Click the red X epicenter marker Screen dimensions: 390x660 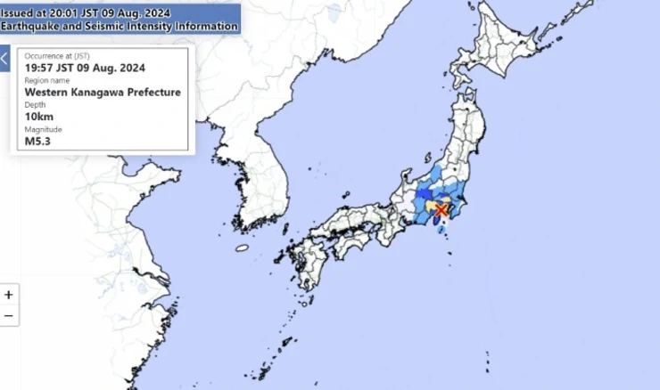point(441,209)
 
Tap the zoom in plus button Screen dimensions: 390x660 point(9,294)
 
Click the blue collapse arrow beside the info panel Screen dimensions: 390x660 point(4,61)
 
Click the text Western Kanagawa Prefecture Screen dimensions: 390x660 point(103,92)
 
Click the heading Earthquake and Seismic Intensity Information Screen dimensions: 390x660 point(120,26)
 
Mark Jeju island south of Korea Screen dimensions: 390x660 point(241,250)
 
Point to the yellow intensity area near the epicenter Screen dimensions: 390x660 point(433,207)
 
